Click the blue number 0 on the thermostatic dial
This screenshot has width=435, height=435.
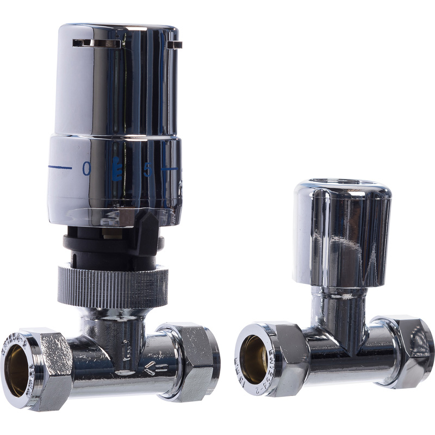click(x=86, y=169)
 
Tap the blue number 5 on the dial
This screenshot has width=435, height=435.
click(x=147, y=170)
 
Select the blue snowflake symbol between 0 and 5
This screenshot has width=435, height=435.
click(x=116, y=169)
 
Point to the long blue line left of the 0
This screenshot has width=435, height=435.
click(x=60, y=167)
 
